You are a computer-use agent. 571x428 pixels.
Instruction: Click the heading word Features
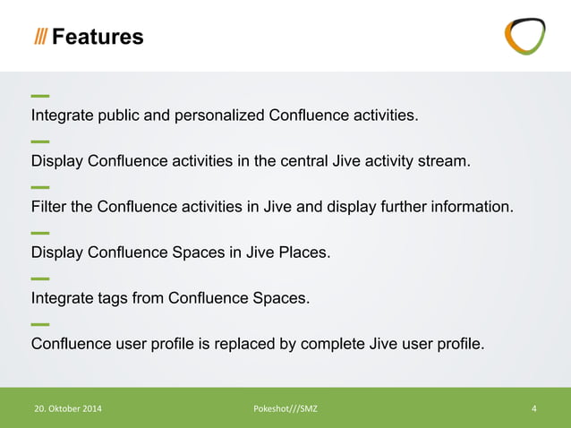click(98, 37)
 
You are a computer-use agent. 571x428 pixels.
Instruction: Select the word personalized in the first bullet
click(220, 116)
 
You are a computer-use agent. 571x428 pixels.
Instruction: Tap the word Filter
click(48, 207)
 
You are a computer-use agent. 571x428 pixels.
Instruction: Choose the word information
click(470, 207)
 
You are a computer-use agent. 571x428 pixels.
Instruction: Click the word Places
click(305, 253)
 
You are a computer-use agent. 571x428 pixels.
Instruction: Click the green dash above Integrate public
click(39, 96)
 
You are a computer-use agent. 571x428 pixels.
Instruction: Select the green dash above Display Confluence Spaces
click(39, 233)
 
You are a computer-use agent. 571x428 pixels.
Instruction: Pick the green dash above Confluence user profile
click(39, 324)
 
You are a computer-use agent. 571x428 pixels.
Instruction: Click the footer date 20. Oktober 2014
click(68, 409)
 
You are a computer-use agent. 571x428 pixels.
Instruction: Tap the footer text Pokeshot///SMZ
click(285, 409)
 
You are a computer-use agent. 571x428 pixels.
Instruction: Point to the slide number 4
click(533, 409)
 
